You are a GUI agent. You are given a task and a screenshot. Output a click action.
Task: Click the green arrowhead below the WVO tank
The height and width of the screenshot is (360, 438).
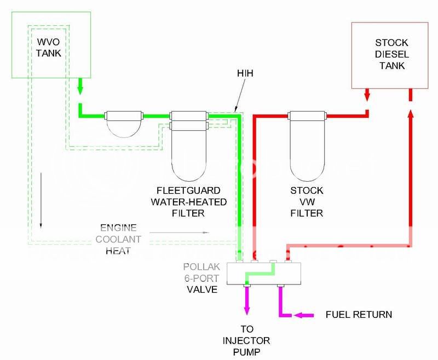tap(79, 88)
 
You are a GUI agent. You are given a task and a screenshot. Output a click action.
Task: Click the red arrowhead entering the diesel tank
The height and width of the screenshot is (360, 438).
tap(367, 96)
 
